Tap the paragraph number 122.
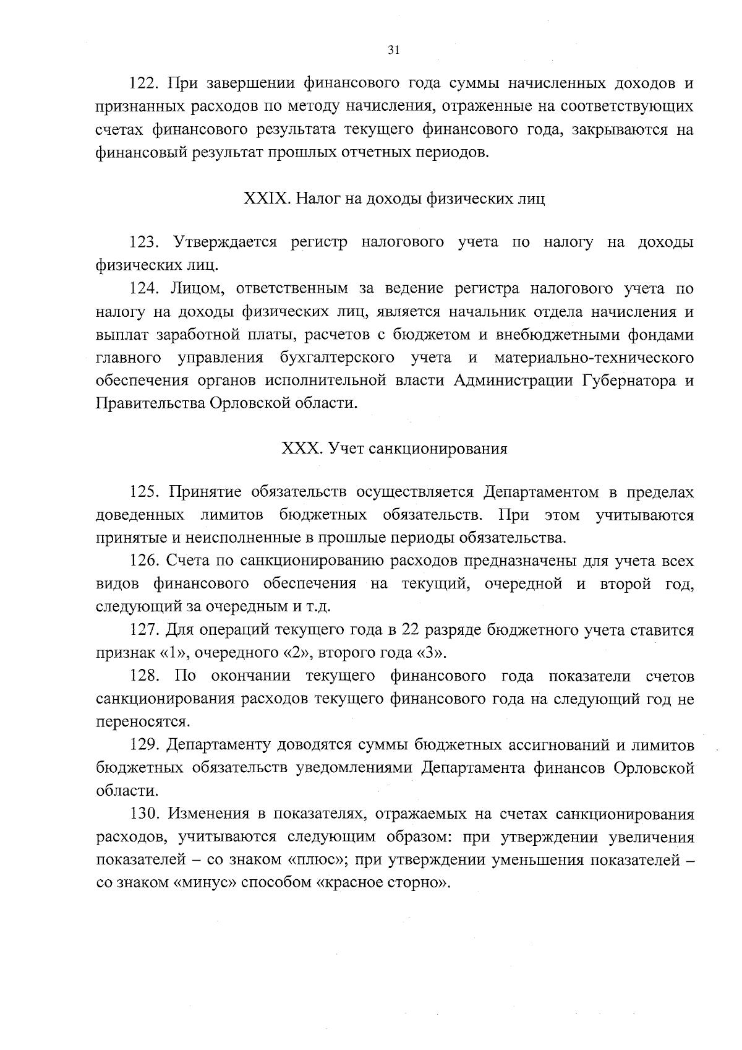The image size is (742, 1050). pyautogui.click(x=145, y=84)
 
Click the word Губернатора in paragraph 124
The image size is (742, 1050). pyautogui.click(x=628, y=381)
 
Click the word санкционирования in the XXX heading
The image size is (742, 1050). pyautogui.click(x=438, y=449)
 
